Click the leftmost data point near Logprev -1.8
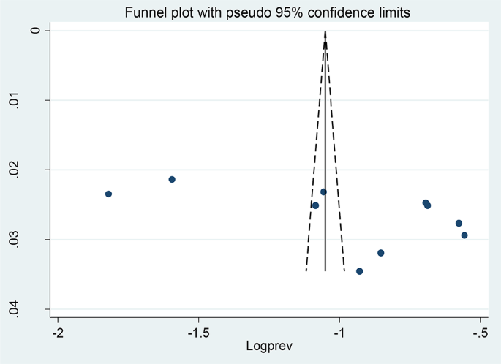[x=108, y=194]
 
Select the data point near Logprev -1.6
[x=172, y=179]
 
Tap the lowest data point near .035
[x=359, y=271]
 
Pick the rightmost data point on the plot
[x=464, y=235]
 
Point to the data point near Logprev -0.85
[x=380, y=253]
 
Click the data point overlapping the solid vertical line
[x=323, y=192]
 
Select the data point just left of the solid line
[x=315, y=205]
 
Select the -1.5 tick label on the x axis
[x=197, y=333]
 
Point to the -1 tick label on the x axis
[x=339, y=333]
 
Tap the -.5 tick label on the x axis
[x=479, y=333]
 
